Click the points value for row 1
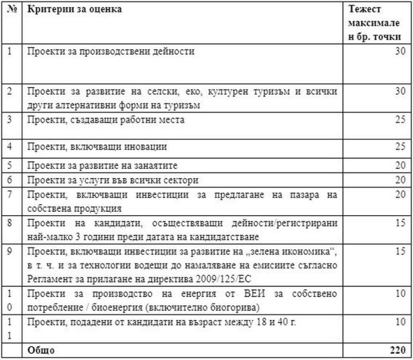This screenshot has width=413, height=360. click(400, 52)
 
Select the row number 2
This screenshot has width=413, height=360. click(9, 91)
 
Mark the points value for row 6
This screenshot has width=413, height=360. click(400, 180)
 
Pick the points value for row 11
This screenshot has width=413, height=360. click(400, 321)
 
